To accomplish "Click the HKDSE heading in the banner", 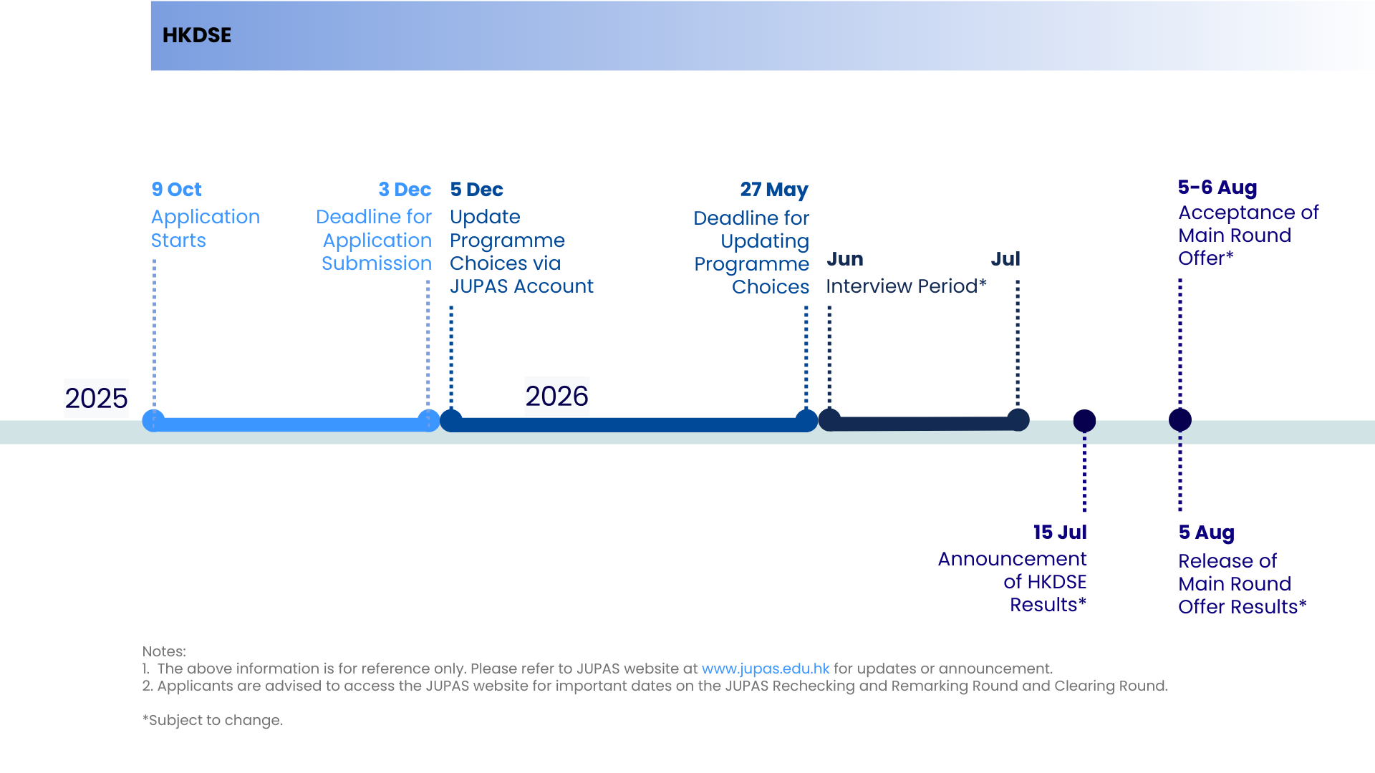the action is click(197, 35).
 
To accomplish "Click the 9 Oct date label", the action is click(176, 190).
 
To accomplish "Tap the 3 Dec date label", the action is click(405, 190).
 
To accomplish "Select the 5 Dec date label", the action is click(476, 190).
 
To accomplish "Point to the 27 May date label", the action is click(774, 190).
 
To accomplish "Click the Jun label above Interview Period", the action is click(845, 259).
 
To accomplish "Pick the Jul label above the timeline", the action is click(1005, 259).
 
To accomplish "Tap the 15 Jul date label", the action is click(1060, 533).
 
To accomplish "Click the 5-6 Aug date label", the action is click(1217, 188).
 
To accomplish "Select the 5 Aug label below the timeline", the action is click(1207, 533).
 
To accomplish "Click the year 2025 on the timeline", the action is click(96, 399).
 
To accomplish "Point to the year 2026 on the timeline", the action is click(557, 397).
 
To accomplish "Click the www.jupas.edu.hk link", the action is click(766, 669).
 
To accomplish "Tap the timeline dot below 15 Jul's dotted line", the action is click(1084, 421).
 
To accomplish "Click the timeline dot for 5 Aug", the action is click(1180, 420).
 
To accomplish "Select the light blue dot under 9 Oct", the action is click(153, 421).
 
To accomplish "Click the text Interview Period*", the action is click(907, 286).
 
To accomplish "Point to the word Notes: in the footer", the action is click(164, 651).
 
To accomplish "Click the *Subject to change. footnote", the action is click(213, 720).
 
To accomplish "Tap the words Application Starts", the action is click(206, 228).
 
